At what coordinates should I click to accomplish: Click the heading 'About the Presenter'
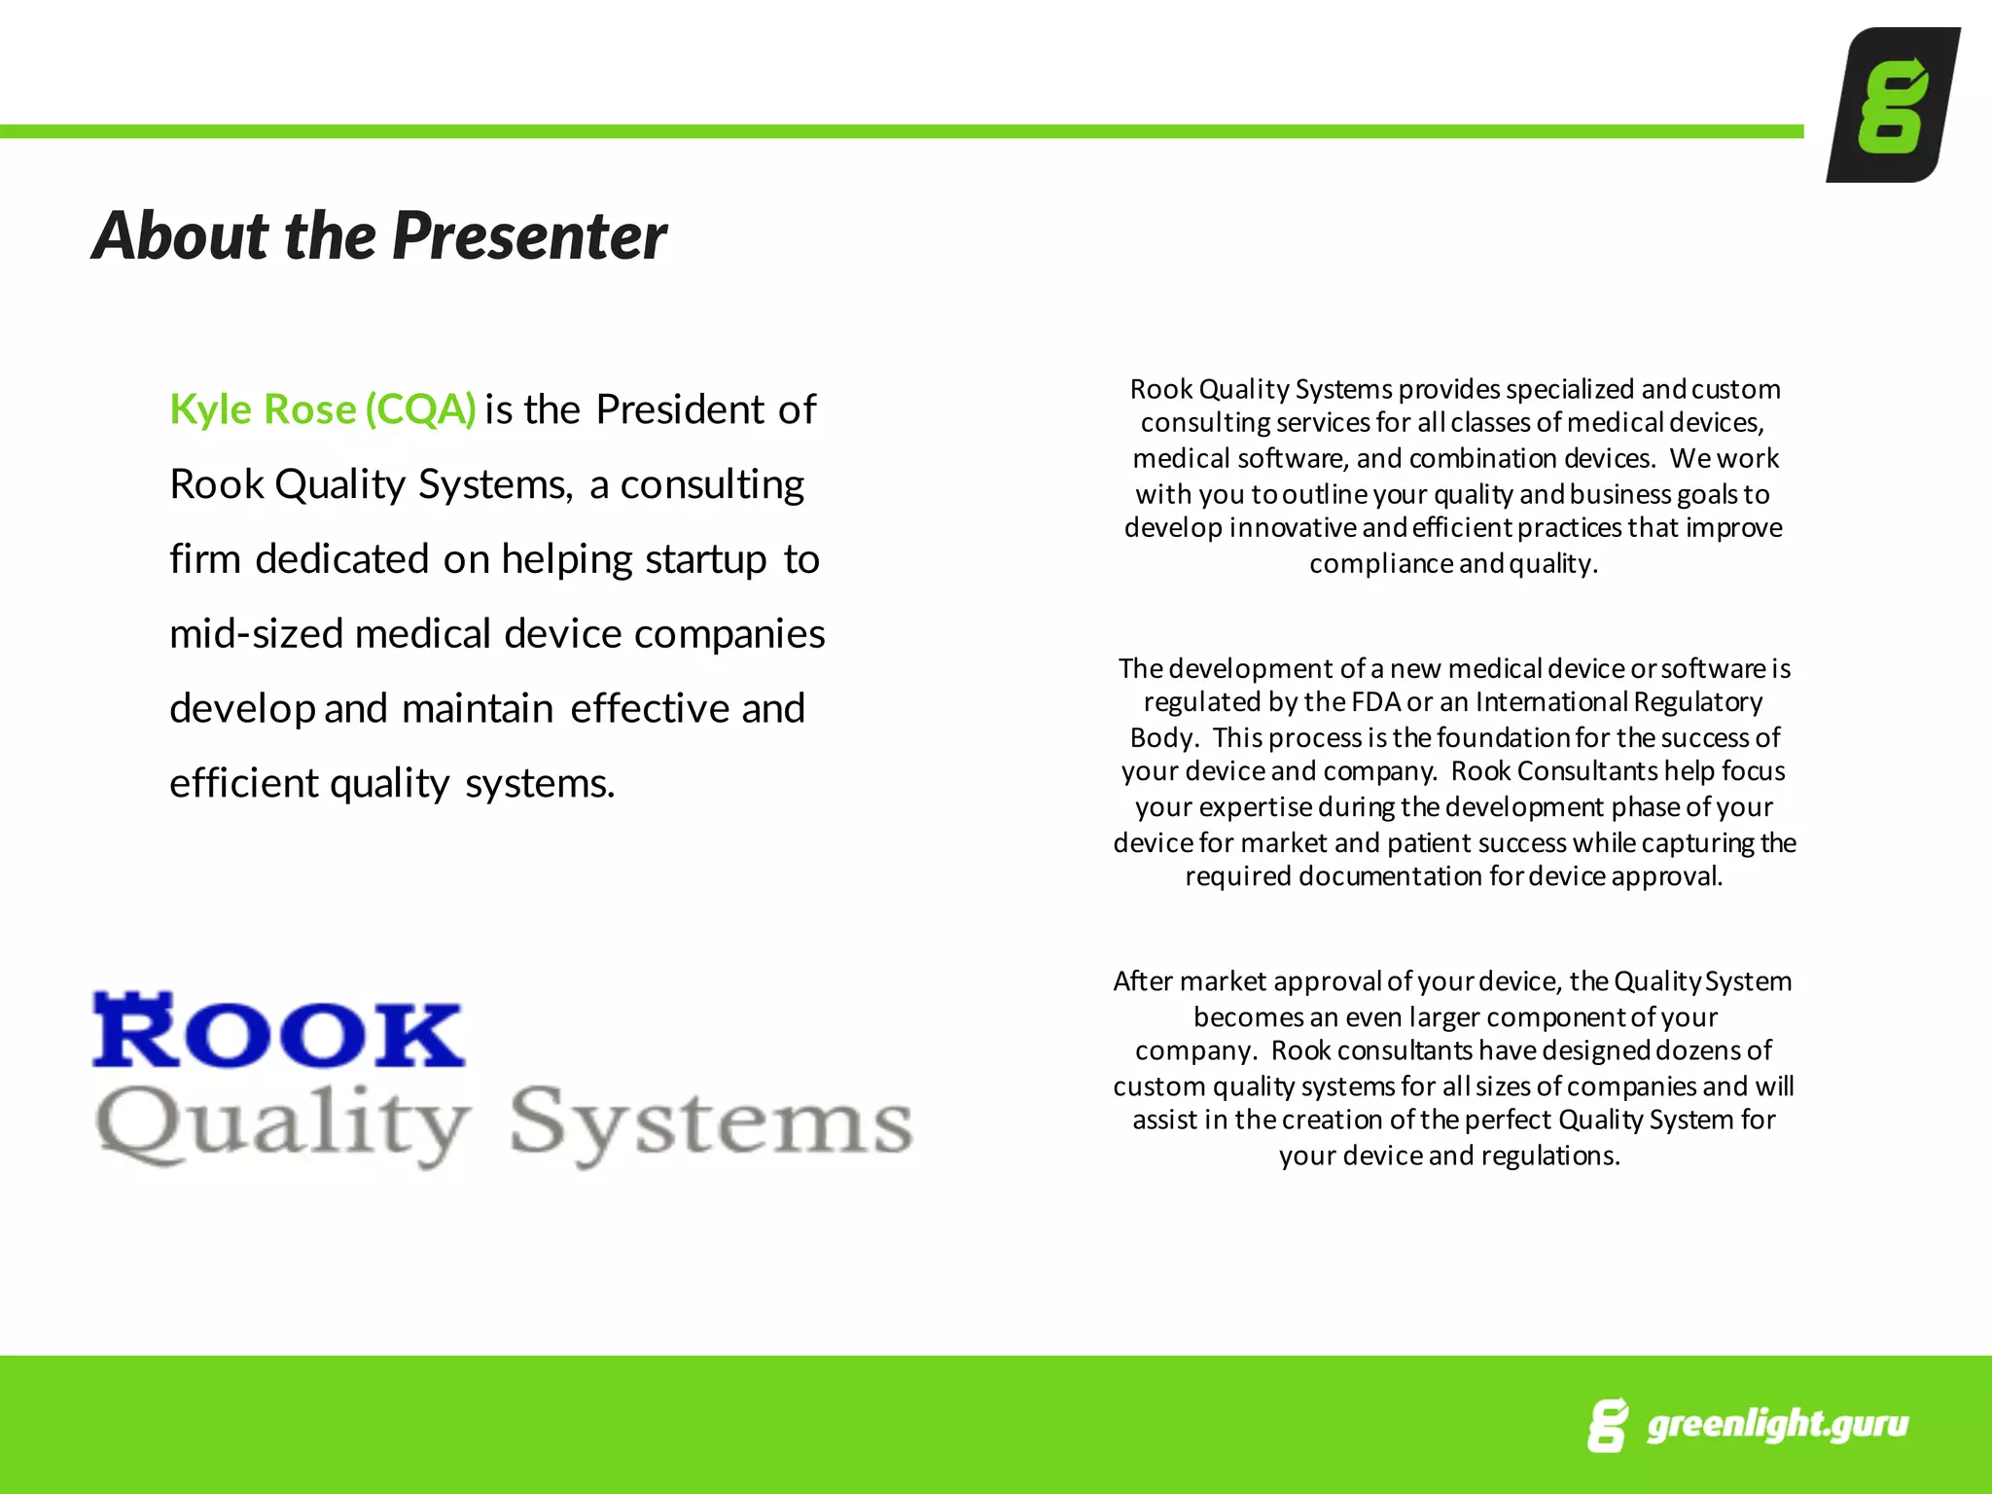point(379,236)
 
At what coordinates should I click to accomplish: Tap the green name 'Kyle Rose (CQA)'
point(322,409)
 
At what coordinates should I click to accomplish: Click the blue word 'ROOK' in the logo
point(278,1033)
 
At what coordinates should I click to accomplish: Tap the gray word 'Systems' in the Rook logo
point(711,1123)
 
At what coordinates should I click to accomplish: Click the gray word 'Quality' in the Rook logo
point(282,1125)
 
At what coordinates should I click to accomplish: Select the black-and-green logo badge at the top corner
point(1892,105)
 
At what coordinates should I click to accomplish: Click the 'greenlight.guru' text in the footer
point(1777,1424)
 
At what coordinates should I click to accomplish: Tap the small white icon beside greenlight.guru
point(1608,1425)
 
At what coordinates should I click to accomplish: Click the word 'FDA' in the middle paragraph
point(1376,702)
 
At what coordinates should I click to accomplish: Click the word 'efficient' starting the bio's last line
point(245,783)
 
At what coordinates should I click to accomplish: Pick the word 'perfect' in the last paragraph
point(1509,1120)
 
